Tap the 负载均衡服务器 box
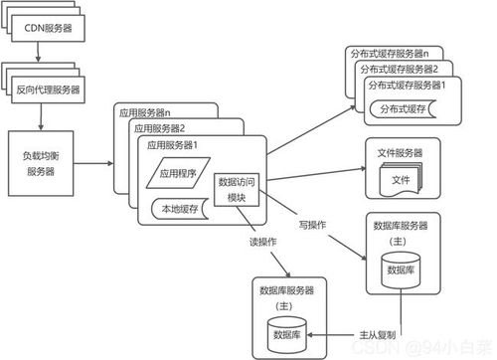[42, 159]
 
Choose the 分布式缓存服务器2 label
[402, 69]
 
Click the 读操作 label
[261, 242]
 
